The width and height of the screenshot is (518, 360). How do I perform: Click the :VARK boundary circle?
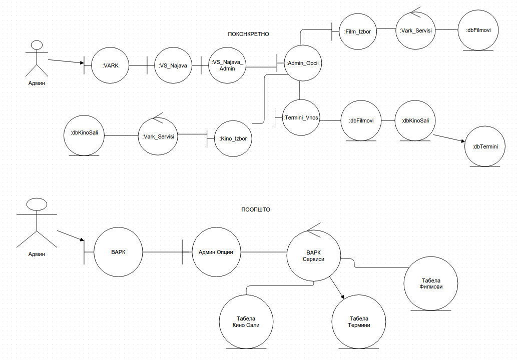[110, 65]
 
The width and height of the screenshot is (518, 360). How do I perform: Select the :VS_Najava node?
[173, 65]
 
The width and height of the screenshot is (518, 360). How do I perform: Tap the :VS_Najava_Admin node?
[227, 65]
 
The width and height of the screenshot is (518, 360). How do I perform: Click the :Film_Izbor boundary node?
[357, 31]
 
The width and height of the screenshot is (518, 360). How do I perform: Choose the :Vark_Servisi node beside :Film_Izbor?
[415, 31]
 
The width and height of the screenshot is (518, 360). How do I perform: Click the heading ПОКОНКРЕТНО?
[248, 34]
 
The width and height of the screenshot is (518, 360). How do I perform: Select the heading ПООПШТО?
[255, 209]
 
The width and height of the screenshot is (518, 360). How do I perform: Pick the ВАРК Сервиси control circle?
[313, 256]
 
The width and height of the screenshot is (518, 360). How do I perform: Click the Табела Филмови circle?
[431, 283]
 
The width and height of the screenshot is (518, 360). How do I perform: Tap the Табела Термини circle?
[358, 321]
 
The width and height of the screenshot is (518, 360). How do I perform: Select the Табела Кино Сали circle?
[246, 321]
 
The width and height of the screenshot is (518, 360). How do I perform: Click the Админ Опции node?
[216, 252]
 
